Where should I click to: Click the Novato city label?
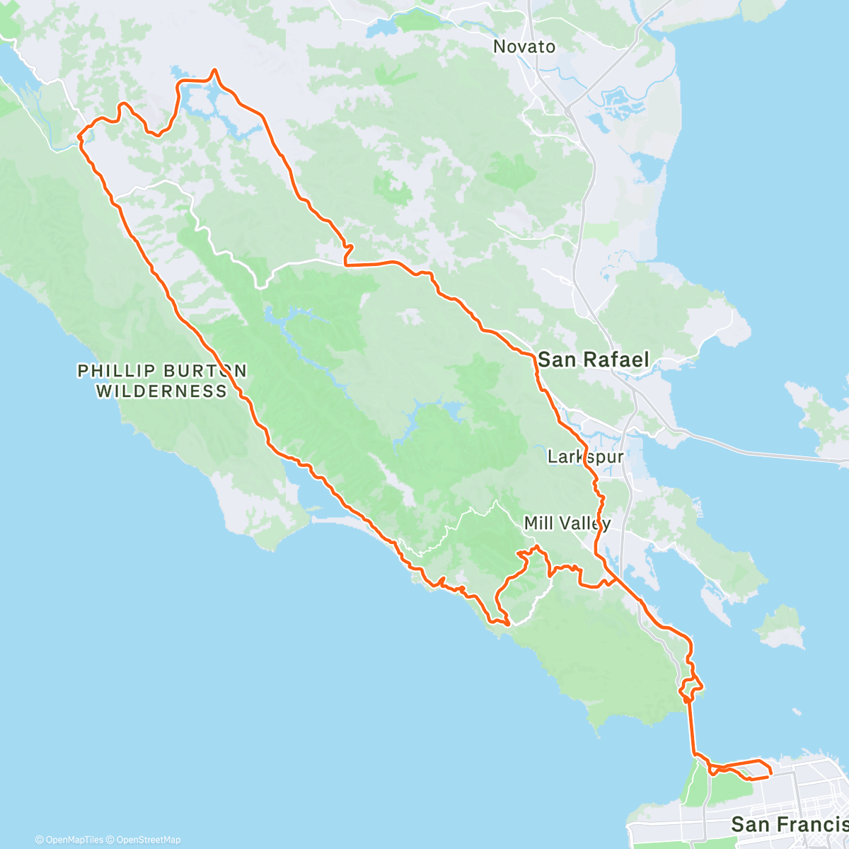pos(524,47)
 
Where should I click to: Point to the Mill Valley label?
pos(567,524)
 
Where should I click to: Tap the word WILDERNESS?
pos(161,391)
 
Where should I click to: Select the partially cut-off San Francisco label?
pos(789,824)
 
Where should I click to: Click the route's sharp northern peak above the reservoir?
pos(214,70)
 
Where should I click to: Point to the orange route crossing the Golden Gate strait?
pos(693,729)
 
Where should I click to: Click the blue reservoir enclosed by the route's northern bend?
pos(212,103)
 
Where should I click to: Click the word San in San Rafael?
pos(553,359)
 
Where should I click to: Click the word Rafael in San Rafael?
pos(611,359)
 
